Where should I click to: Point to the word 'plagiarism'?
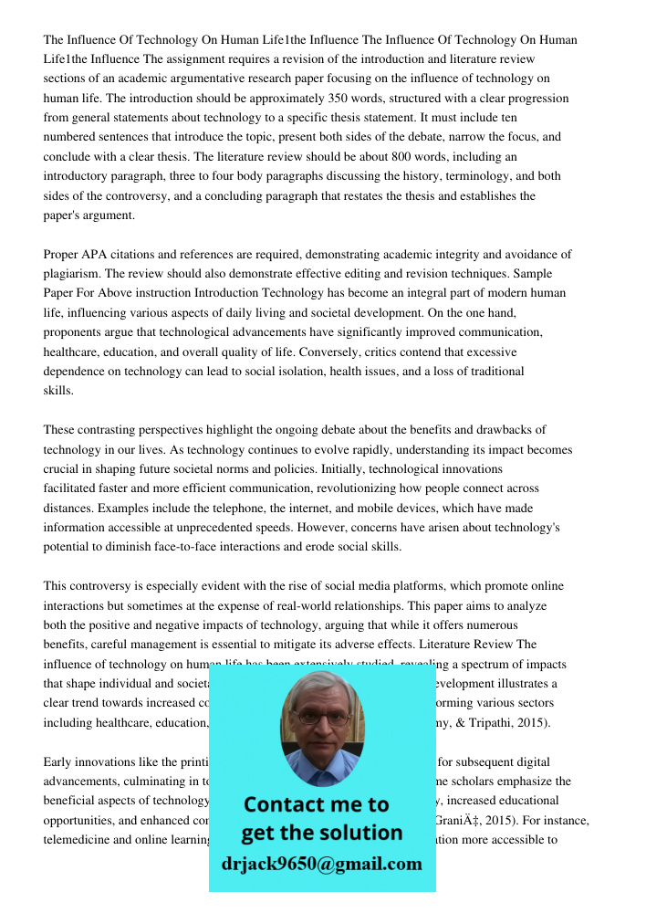coord(72,274)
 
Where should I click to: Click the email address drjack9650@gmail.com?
coord(321,864)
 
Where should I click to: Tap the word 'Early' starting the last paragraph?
coord(59,761)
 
